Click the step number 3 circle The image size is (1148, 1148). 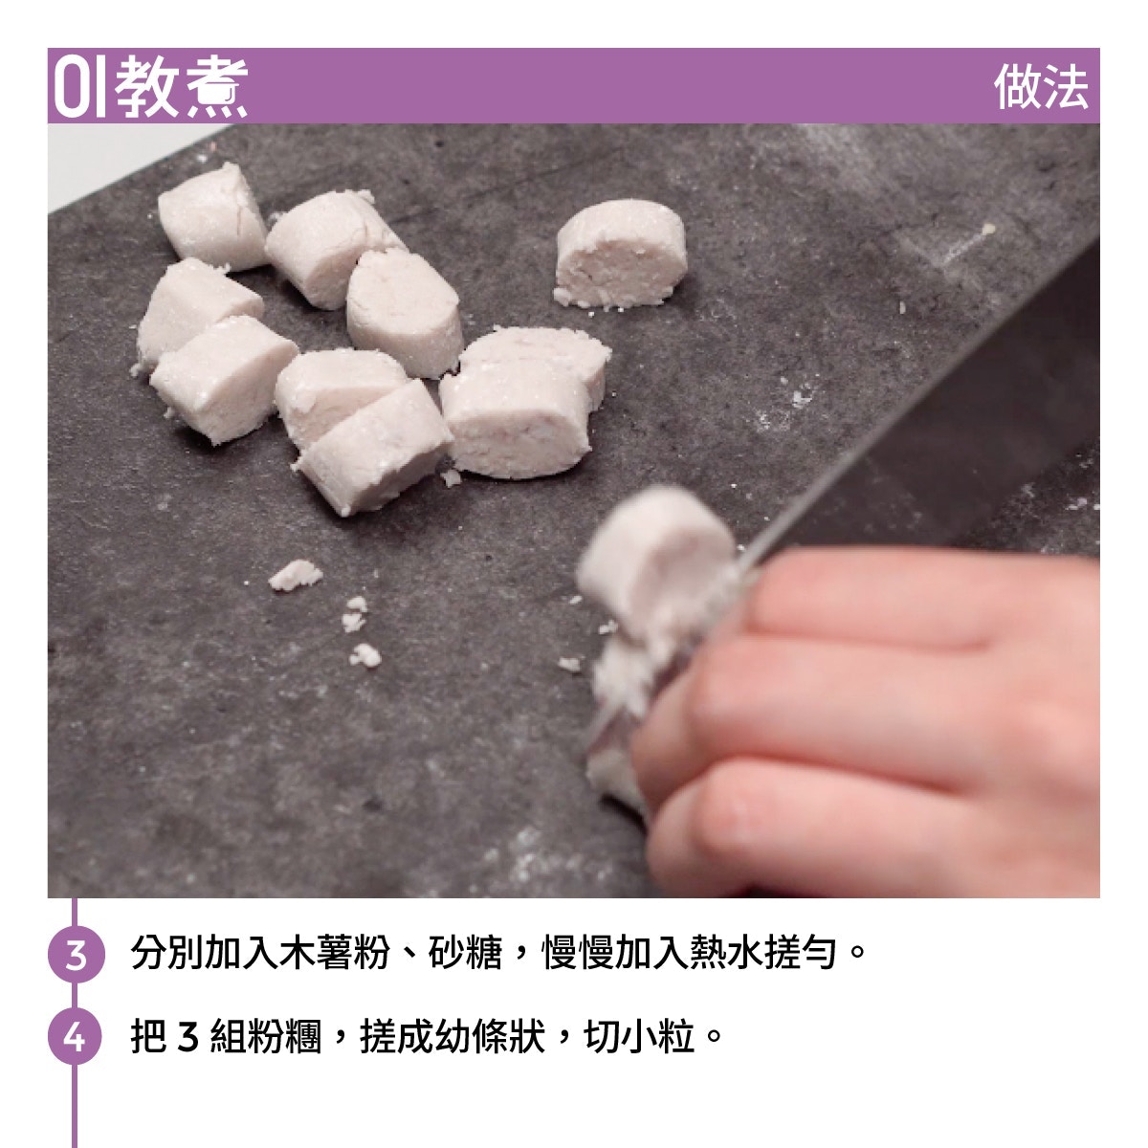click(76, 954)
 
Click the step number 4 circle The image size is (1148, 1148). click(76, 1037)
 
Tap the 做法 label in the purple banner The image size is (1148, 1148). click(1041, 87)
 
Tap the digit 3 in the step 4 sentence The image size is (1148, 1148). click(188, 1037)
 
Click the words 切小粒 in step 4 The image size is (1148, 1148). click(639, 1037)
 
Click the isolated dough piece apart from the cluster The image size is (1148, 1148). click(620, 254)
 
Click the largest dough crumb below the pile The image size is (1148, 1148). click(295, 575)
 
